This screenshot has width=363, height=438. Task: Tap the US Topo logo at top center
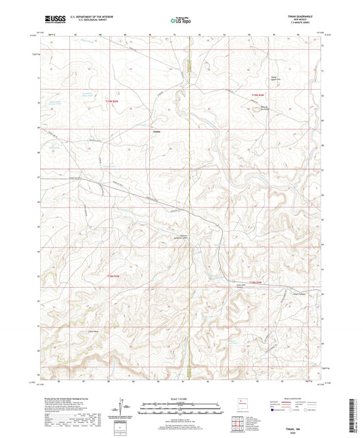coord(181,20)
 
